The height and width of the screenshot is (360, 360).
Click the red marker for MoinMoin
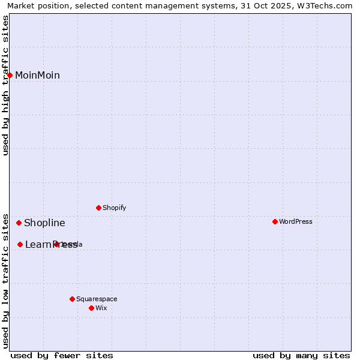point(10,75)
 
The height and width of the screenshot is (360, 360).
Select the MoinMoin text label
point(37,76)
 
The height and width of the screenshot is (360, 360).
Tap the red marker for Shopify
point(98,208)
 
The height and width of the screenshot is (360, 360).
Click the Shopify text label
point(114,208)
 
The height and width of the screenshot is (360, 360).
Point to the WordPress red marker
point(275,222)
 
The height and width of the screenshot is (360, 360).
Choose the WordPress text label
point(295,222)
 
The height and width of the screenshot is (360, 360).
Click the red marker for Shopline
point(19,223)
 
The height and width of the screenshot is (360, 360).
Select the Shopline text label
point(44,223)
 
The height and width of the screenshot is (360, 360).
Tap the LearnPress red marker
point(20,245)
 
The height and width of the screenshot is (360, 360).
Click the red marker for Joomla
point(56,244)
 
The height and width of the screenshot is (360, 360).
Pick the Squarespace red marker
point(72,299)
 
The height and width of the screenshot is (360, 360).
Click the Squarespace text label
point(97,299)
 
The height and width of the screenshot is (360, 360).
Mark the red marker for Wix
point(91,308)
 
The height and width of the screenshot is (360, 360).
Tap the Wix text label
point(101,308)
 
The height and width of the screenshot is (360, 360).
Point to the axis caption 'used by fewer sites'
point(62,355)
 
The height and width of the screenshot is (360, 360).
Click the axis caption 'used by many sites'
point(301,355)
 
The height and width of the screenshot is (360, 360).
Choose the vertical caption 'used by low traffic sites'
point(6,281)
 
